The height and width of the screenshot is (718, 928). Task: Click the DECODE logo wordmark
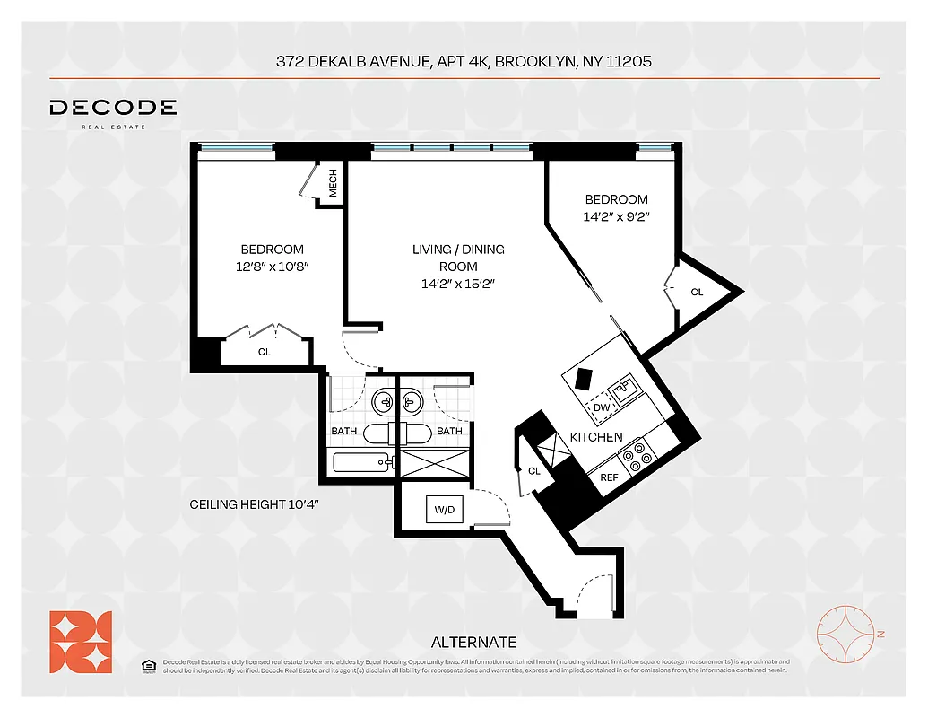tap(113, 108)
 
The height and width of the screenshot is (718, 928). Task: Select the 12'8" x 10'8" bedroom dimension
tap(272, 267)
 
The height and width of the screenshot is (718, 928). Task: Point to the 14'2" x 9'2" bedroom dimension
tap(616, 216)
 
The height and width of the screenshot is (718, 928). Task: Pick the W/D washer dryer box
tap(443, 510)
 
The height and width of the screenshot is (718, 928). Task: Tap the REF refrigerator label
tap(609, 478)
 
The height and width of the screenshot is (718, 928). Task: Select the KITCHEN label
tap(596, 437)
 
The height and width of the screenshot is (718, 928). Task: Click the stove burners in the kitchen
tap(637, 455)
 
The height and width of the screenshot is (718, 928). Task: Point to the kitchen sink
tap(625, 390)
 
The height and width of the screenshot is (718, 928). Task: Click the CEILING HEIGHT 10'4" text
tap(254, 505)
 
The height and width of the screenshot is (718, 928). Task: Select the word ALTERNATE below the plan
tap(473, 642)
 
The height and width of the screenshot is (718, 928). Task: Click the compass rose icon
tap(846, 635)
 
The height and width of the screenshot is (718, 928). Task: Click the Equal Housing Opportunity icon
tap(149, 665)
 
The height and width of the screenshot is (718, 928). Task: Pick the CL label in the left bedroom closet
tap(264, 352)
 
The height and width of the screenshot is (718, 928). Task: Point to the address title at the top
tap(463, 62)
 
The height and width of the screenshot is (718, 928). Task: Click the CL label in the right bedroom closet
tap(697, 293)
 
